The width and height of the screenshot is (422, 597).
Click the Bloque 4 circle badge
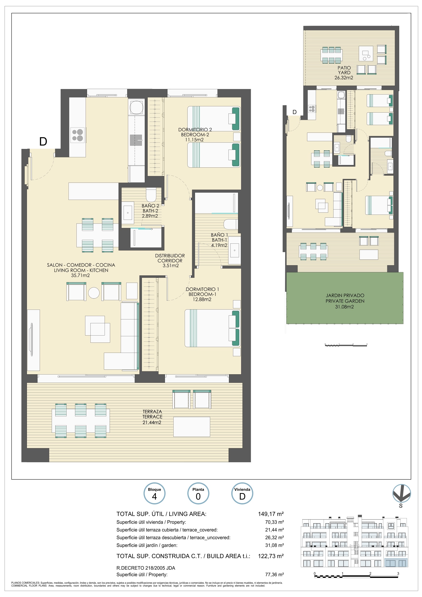pos(154,494)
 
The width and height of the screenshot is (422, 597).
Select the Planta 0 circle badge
pos(198,494)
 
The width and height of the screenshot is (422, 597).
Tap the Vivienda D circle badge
pos(242,494)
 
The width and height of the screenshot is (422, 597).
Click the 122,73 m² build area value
pos(271,556)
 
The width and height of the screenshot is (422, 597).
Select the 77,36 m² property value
pos(274,574)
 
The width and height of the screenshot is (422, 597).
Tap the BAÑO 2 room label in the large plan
pos(150,206)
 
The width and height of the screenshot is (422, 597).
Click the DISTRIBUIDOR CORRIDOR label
pos(170,258)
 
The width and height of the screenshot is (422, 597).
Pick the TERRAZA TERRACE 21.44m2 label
pos(152,417)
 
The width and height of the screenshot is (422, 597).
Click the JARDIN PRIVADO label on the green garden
pos(345,295)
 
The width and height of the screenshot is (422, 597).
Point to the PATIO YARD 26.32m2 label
pos(344,73)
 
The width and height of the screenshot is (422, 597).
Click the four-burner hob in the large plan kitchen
pos(78,135)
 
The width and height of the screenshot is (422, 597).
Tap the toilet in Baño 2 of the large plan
pos(151,195)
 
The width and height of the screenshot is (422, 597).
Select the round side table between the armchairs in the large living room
pos(94,293)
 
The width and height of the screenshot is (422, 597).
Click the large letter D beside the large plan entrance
pos(43,142)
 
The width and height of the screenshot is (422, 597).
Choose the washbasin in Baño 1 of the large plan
pos(234,250)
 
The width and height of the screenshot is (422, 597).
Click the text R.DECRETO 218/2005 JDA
pos(146,568)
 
